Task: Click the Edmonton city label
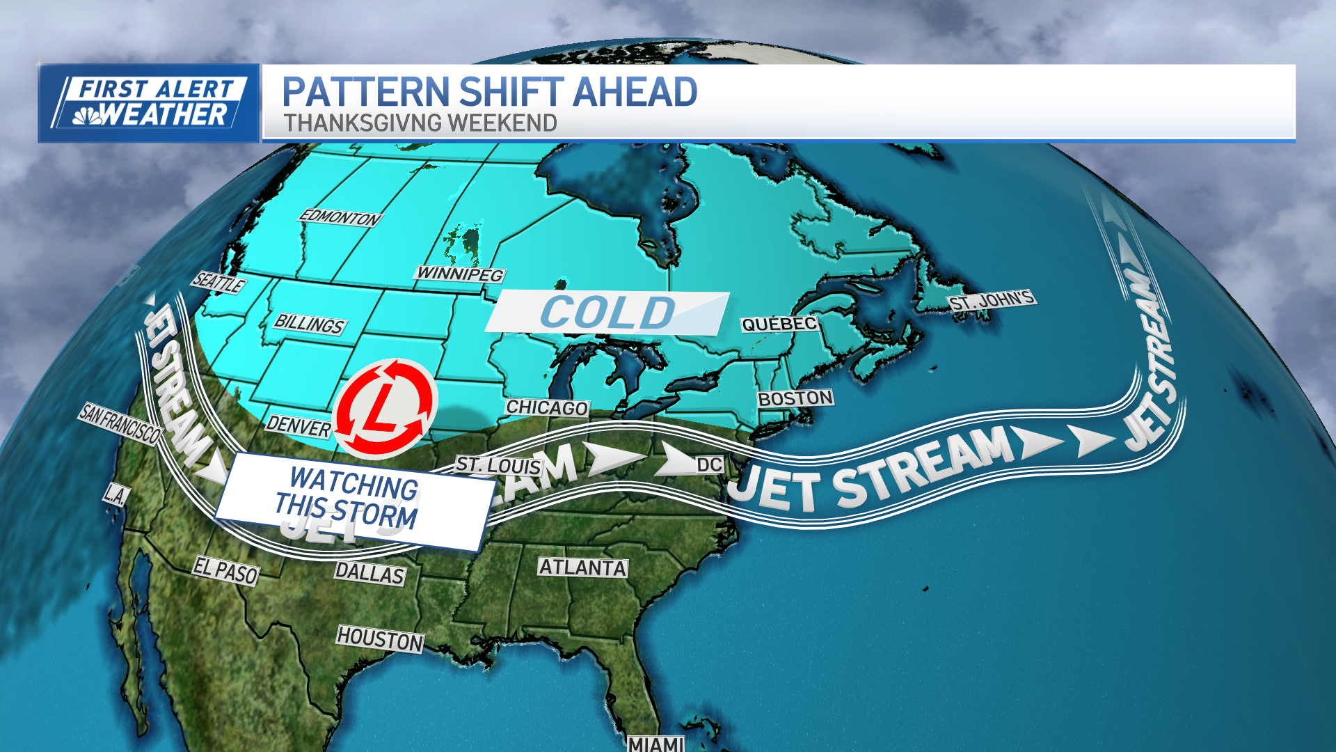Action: (x=340, y=218)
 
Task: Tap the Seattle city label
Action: (x=218, y=282)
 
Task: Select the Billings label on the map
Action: (x=310, y=324)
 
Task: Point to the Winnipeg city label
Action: (x=460, y=274)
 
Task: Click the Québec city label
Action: (x=779, y=324)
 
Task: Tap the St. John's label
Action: (x=992, y=301)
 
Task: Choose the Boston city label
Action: (x=795, y=398)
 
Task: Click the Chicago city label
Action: (x=547, y=407)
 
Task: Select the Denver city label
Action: (x=299, y=425)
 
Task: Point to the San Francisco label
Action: (x=120, y=423)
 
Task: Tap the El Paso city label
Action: (x=225, y=571)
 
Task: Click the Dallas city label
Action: (x=369, y=573)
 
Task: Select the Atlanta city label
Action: (x=583, y=567)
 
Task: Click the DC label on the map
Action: (x=709, y=464)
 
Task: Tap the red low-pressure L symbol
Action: (x=385, y=408)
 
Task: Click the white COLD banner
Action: (x=607, y=312)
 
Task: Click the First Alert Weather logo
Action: (x=149, y=103)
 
